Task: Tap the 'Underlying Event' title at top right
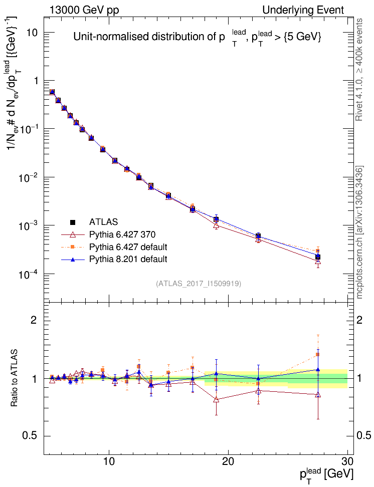pyautogui.click(x=303, y=10)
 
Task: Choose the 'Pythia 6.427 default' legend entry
pyautogui.click(x=128, y=247)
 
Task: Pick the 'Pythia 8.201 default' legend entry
pyautogui.click(x=128, y=260)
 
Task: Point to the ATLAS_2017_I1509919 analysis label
pyautogui.click(x=199, y=284)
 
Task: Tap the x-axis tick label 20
pyautogui.click(x=229, y=461)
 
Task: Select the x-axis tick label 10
pyautogui.click(x=109, y=461)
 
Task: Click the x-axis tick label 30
pyautogui.click(x=347, y=461)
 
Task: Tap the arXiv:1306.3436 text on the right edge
pyautogui.click(x=359, y=233)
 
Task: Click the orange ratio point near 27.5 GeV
pyautogui.click(x=318, y=355)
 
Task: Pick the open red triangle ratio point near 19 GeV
pyautogui.click(x=216, y=399)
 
